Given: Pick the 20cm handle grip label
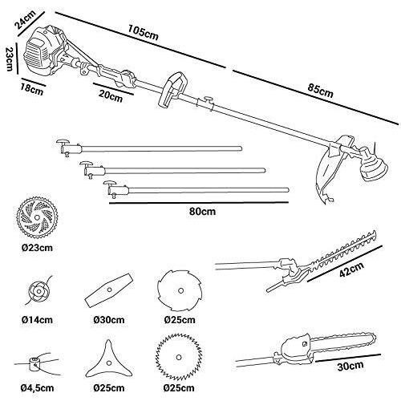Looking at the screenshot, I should click(111, 97).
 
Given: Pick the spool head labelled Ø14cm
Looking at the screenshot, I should click(36, 291).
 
